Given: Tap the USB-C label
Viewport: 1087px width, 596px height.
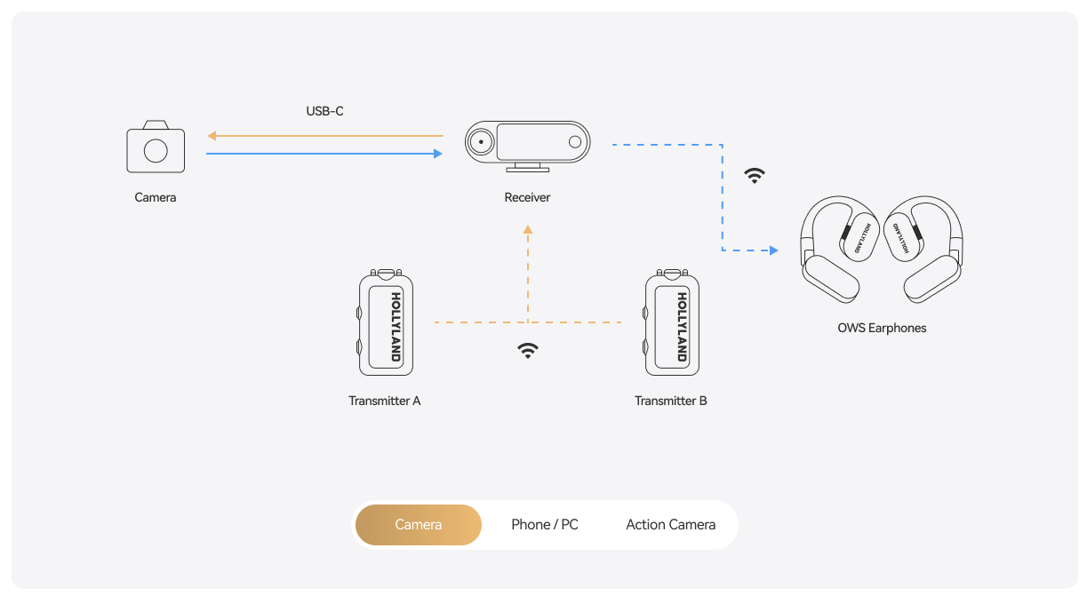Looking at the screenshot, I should [x=324, y=112].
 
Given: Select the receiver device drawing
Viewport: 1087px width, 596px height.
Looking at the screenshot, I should [x=527, y=145].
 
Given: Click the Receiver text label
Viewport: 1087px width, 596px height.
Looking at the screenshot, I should [x=527, y=197].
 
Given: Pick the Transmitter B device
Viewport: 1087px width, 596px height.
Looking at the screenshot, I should [x=672, y=322].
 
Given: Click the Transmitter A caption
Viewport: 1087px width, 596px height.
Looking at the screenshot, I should [x=385, y=401].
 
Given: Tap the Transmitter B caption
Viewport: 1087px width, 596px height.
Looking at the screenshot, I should [x=671, y=401].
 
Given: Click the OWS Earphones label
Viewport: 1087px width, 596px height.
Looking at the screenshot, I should [x=882, y=328].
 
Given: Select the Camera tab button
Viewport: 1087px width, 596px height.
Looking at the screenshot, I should [x=418, y=525].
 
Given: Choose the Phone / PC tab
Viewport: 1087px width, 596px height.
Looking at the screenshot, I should [x=544, y=525].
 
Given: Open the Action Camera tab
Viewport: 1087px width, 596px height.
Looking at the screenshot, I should [x=670, y=525].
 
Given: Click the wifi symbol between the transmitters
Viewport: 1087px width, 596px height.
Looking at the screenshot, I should [x=528, y=350].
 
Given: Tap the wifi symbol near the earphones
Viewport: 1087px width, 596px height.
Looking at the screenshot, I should [x=755, y=175].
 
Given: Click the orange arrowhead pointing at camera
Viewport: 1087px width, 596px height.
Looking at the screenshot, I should [x=212, y=136].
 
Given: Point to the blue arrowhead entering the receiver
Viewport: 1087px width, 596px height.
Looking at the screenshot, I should [x=437, y=154].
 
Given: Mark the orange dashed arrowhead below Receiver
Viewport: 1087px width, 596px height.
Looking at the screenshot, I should [x=528, y=229].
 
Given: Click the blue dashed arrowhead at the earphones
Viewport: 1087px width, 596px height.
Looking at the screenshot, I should [x=774, y=250].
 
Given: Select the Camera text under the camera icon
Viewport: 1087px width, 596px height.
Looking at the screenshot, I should [x=156, y=197].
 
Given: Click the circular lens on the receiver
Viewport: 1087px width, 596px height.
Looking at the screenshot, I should [x=481, y=141].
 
